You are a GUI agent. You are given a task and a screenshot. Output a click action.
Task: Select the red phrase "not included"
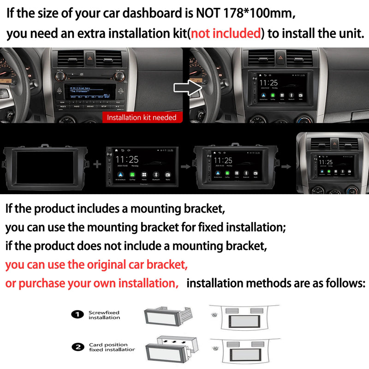pyautogui.click(x=226, y=34)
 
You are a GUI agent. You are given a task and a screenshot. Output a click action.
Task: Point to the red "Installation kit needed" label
pyautogui.click(x=142, y=118)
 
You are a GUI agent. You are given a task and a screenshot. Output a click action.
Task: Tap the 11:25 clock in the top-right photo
pyautogui.click(x=268, y=83)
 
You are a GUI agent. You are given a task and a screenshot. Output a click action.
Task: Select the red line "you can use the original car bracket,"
pyautogui.click(x=96, y=265)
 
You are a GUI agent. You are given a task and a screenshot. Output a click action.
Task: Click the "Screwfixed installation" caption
pyautogui.click(x=104, y=315)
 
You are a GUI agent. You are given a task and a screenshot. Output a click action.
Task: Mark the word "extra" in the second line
pyautogui.click(x=90, y=34)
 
